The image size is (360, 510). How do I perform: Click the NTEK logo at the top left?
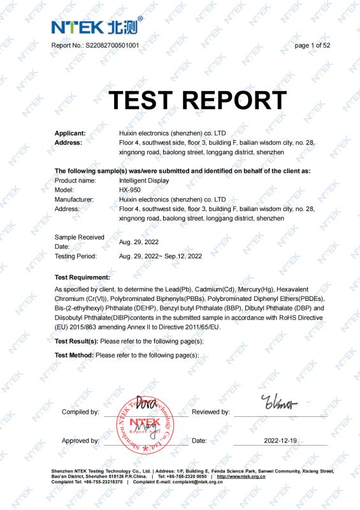[96, 27]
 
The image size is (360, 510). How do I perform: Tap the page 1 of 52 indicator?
[312, 45]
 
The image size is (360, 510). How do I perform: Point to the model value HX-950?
[131, 190]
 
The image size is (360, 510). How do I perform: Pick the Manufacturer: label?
[74, 200]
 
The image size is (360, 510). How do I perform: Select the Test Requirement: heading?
[82, 278]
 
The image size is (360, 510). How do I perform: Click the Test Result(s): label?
[76, 342]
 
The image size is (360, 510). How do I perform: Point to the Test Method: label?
[75, 354]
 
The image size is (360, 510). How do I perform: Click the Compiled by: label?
[80, 412]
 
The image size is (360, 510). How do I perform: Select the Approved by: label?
[80, 441]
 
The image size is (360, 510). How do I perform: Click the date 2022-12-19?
[280, 441]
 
